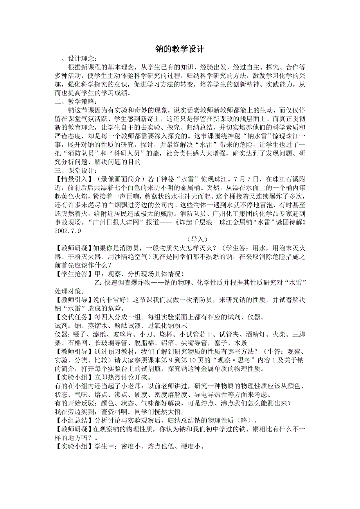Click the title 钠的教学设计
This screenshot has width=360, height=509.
coord(180,50)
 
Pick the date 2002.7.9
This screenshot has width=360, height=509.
coord(68,231)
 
